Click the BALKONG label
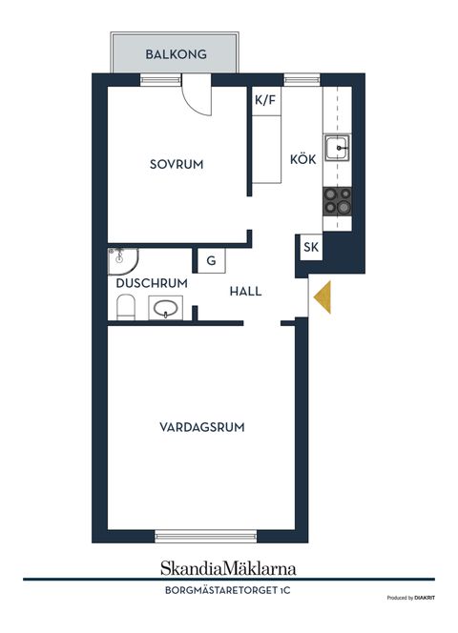pyautogui.click(x=176, y=54)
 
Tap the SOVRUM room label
pyautogui.click(x=177, y=164)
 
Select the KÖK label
pyautogui.click(x=302, y=160)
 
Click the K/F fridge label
pyautogui.click(x=266, y=99)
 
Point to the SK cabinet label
pyautogui.click(x=311, y=248)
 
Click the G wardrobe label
pyautogui.click(x=210, y=260)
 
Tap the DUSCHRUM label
pyautogui.click(x=152, y=283)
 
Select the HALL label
pyautogui.click(x=245, y=292)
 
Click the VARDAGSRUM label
pyautogui.click(x=201, y=427)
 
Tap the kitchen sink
pyautogui.click(x=337, y=149)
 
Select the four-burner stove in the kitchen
pyautogui.click(x=337, y=199)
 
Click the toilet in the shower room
pyautogui.click(x=125, y=307)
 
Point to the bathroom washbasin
pyautogui.click(x=167, y=309)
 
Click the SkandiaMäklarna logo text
pyautogui.click(x=228, y=568)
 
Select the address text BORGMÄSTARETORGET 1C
pyautogui.click(x=228, y=591)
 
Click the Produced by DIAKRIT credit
pyautogui.click(x=410, y=598)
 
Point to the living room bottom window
pyautogui.click(x=205, y=536)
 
